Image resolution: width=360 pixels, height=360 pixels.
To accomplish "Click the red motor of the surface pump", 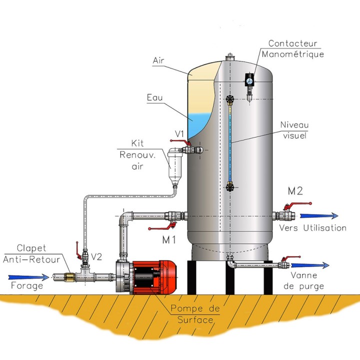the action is [x=154, y=277].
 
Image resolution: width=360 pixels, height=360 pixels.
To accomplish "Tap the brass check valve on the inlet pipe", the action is [x=69, y=277].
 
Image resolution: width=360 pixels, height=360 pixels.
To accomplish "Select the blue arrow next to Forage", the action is [x=28, y=277].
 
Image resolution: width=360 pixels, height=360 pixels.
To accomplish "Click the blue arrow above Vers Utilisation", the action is [x=319, y=216].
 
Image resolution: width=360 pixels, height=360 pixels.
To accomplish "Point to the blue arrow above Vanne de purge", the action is [x=310, y=265].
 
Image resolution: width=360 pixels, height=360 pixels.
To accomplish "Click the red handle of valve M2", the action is [x=297, y=205].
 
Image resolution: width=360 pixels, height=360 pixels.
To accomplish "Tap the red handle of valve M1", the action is [x=162, y=226].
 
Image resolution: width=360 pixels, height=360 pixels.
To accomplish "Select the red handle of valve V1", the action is [x=180, y=142].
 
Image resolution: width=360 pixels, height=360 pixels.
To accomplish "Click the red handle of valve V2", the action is [x=78, y=251].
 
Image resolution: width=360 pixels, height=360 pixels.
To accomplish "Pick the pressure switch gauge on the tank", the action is [x=249, y=80].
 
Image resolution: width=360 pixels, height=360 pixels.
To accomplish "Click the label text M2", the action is [x=295, y=191].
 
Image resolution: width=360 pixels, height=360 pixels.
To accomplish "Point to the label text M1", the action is [x=169, y=240].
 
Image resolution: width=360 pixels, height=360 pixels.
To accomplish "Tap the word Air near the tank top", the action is [x=158, y=60].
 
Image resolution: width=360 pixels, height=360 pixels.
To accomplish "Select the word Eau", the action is [x=154, y=97].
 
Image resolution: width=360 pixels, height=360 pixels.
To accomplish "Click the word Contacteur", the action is [x=292, y=43].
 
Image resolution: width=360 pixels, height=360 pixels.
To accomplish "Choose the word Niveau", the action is [x=294, y=125].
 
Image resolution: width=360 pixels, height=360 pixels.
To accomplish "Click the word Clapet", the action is [x=31, y=248].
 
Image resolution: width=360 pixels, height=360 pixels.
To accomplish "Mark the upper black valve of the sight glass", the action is [x=229, y=99].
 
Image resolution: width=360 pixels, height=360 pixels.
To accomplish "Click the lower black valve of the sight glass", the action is [x=229, y=186].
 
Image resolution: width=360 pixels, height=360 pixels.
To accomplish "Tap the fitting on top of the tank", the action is [x=229, y=57].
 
